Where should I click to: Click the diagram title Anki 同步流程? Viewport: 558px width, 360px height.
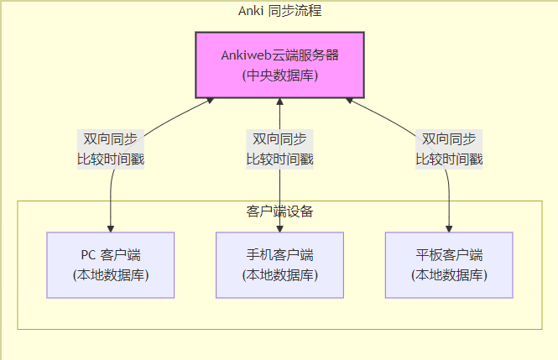click(279, 11)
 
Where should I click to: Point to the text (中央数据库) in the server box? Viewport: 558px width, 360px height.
click(279, 76)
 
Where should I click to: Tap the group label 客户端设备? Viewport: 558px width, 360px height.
click(279, 211)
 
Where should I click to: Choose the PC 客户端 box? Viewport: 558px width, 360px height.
click(111, 264)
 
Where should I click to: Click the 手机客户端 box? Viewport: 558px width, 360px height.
click(279, 264)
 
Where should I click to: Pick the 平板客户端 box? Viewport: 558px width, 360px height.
click(449, 264)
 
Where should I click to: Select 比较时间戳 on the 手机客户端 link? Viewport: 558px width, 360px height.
click(279, 159)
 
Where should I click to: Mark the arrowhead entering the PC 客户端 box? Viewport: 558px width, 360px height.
click(111, 228)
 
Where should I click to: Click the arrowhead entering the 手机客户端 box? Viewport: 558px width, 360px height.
click(279, 228)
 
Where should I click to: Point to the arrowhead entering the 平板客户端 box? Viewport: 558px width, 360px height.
click(449, 228)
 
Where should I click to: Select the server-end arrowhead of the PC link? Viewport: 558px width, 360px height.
click(210, 101)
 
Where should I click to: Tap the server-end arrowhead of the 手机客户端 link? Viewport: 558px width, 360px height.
click(279, 102)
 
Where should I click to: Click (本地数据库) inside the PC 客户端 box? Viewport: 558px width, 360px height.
click(111, 274)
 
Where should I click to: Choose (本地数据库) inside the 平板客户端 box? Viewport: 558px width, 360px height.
click(449, 274)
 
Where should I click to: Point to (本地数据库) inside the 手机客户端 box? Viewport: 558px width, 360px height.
click(279, 274)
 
